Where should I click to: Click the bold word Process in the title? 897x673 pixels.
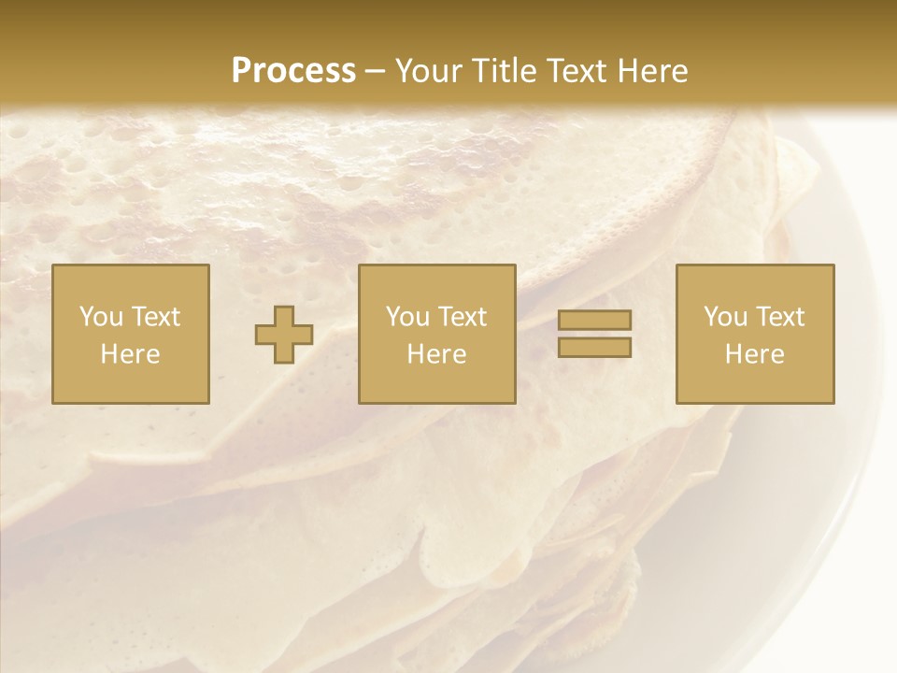pyautogui.click(x=293, y=71)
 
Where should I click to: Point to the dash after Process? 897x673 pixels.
pyautogui.click(x=376, y=72)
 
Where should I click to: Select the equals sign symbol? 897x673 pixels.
pyautogui.click(x=594, y=334)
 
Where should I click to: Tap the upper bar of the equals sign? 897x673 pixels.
pyautogui.click(x=594, y=320)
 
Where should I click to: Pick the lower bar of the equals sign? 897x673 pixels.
pyautogui.click(x=594, y=348)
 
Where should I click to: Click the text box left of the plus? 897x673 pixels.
pyautogui.click(x=131, y=334)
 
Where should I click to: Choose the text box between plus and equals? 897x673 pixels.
pyautogui.click(x=436, y=334)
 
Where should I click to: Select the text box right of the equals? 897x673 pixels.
pyautogui.click(x=755, y=334)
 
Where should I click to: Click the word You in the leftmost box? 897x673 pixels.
pyautogui.click(x=99, y=317)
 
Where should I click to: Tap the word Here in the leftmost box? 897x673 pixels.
pyautogui.click(x=131, y=354)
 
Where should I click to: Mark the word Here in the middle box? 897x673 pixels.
pyautogui.click(x=436, y=354)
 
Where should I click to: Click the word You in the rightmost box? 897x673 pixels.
pyautogui.click(x=723, y=317)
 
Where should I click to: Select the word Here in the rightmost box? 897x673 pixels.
pyautogui.click(x=755, y=354)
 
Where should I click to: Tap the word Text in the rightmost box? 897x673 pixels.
pyautogui.click(x=779, y=317)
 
